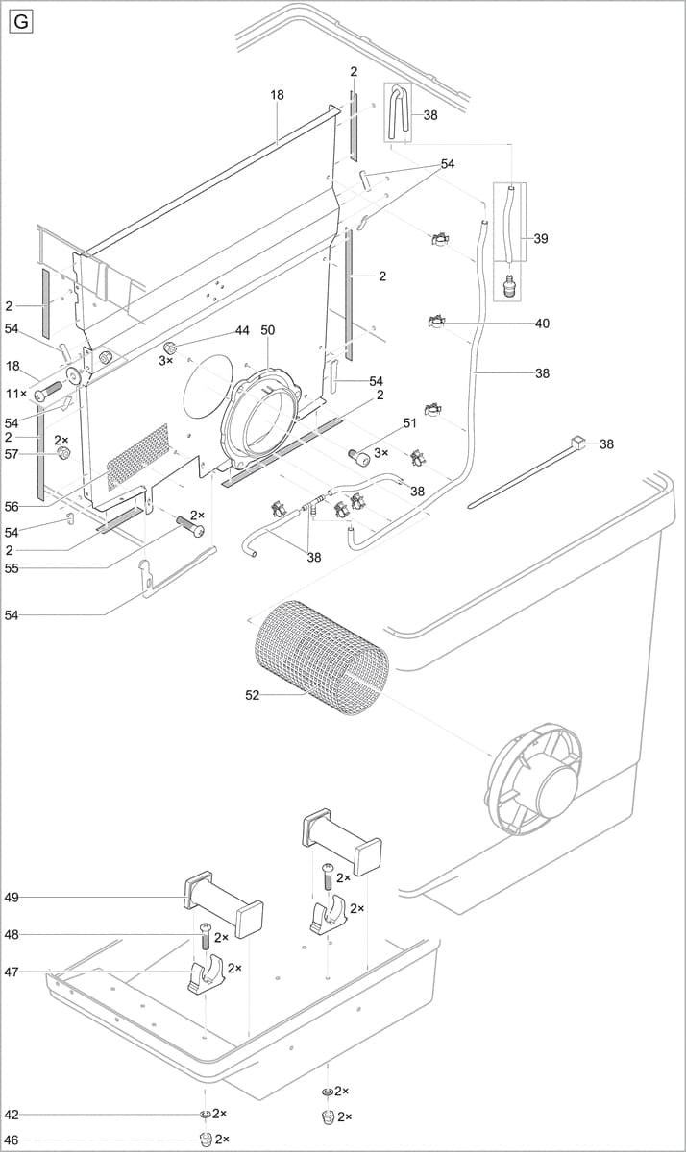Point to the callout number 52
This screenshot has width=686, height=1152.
pos(252,695)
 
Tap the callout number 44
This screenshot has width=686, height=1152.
pos(242,330)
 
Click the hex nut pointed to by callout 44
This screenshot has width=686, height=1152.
pos(170,347)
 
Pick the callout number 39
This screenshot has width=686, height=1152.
pos(541,238)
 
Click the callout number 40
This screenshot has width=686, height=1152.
pos(542,324)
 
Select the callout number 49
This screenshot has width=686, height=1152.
pos(12,898)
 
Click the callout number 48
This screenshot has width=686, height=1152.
pos(12,934)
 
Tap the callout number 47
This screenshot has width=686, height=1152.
pos(12,972)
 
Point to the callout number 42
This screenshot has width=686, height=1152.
pos(12,1115)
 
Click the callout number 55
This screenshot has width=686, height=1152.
pos(12,568)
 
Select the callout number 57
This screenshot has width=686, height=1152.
pos(12,454)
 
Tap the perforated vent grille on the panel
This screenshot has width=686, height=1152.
pos(137,457)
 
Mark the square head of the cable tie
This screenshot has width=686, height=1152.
pos(576,443)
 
